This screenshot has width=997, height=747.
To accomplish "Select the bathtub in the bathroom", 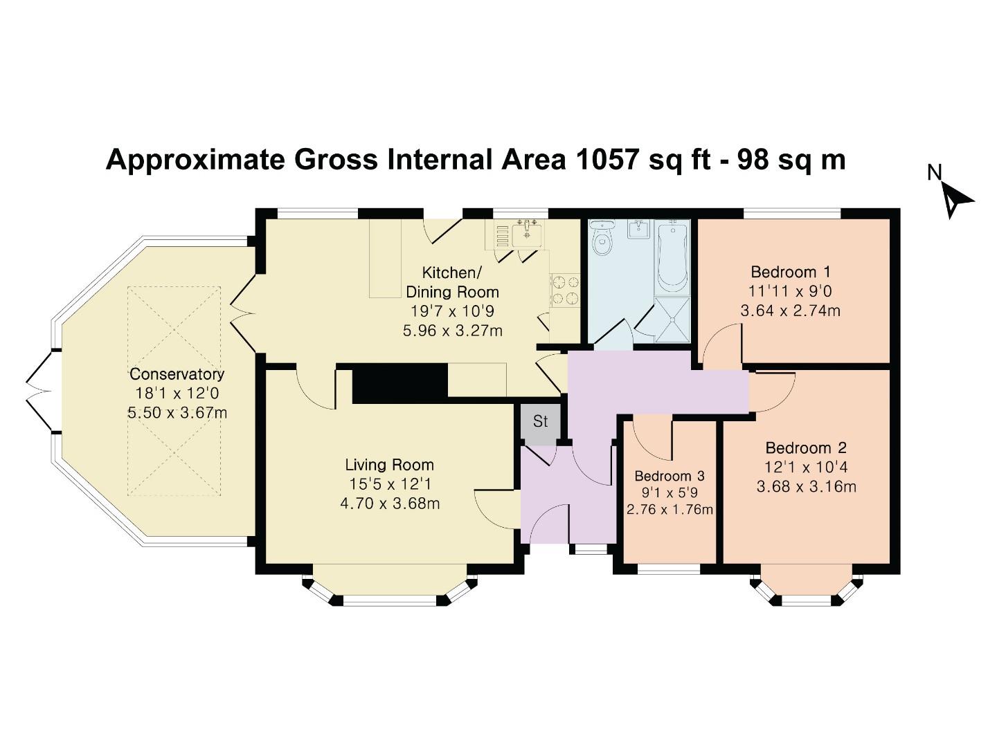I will tap(672, 259).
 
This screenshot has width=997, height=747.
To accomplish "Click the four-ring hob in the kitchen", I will tap(564, 290).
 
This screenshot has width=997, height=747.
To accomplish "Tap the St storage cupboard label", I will tap(540, 421).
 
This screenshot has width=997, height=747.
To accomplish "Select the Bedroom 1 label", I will tap(790, 272).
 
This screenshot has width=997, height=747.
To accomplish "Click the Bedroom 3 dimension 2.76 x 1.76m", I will tap(669, 510).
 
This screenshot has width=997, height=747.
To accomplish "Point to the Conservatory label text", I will tap(177, 374).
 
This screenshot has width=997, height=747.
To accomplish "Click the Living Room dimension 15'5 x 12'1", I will tap(390, 485).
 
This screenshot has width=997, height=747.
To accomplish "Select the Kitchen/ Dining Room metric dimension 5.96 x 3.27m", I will tap(452, 331).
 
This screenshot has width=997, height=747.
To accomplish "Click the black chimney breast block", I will tap(400, 382).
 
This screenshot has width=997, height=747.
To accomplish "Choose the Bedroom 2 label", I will tap(806, 448).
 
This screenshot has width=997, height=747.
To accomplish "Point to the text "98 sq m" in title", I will tap(791, 160).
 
